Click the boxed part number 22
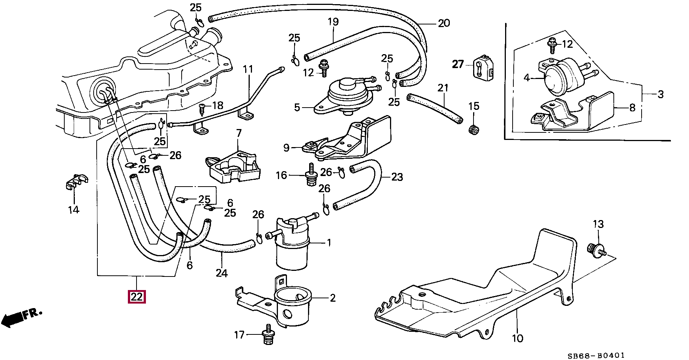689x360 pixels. (137, 297)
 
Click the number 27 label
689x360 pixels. (458, 64)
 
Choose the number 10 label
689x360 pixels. (518, 338)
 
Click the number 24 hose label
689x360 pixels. (222, 273)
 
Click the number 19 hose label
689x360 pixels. (333, 21)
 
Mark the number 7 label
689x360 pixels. (239, 133)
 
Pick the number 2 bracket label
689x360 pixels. (332, 298)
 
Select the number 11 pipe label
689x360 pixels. (248, 70)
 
